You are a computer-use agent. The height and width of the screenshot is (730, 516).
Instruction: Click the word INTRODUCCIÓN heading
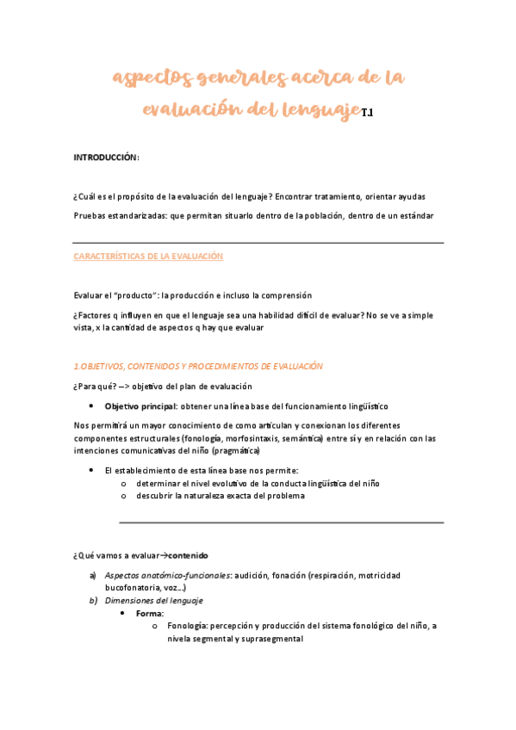[105, 158]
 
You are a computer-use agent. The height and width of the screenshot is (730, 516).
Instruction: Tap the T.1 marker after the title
[366, 113]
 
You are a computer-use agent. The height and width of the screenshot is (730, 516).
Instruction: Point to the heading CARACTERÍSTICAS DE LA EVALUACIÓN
[148, 257]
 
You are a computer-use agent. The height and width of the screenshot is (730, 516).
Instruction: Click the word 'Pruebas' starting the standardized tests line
[90, 214]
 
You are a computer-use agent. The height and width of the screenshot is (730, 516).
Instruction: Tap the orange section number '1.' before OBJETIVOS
[77, 366]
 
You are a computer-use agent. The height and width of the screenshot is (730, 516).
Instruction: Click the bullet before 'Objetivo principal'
[91, 405]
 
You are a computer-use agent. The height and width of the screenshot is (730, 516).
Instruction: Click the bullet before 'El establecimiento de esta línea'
[91, 471]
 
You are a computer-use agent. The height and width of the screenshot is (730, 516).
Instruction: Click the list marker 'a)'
[92, 575]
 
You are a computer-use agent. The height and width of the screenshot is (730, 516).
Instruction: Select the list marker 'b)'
[92, 601]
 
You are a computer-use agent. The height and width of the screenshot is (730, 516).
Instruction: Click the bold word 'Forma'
[149, 613]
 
